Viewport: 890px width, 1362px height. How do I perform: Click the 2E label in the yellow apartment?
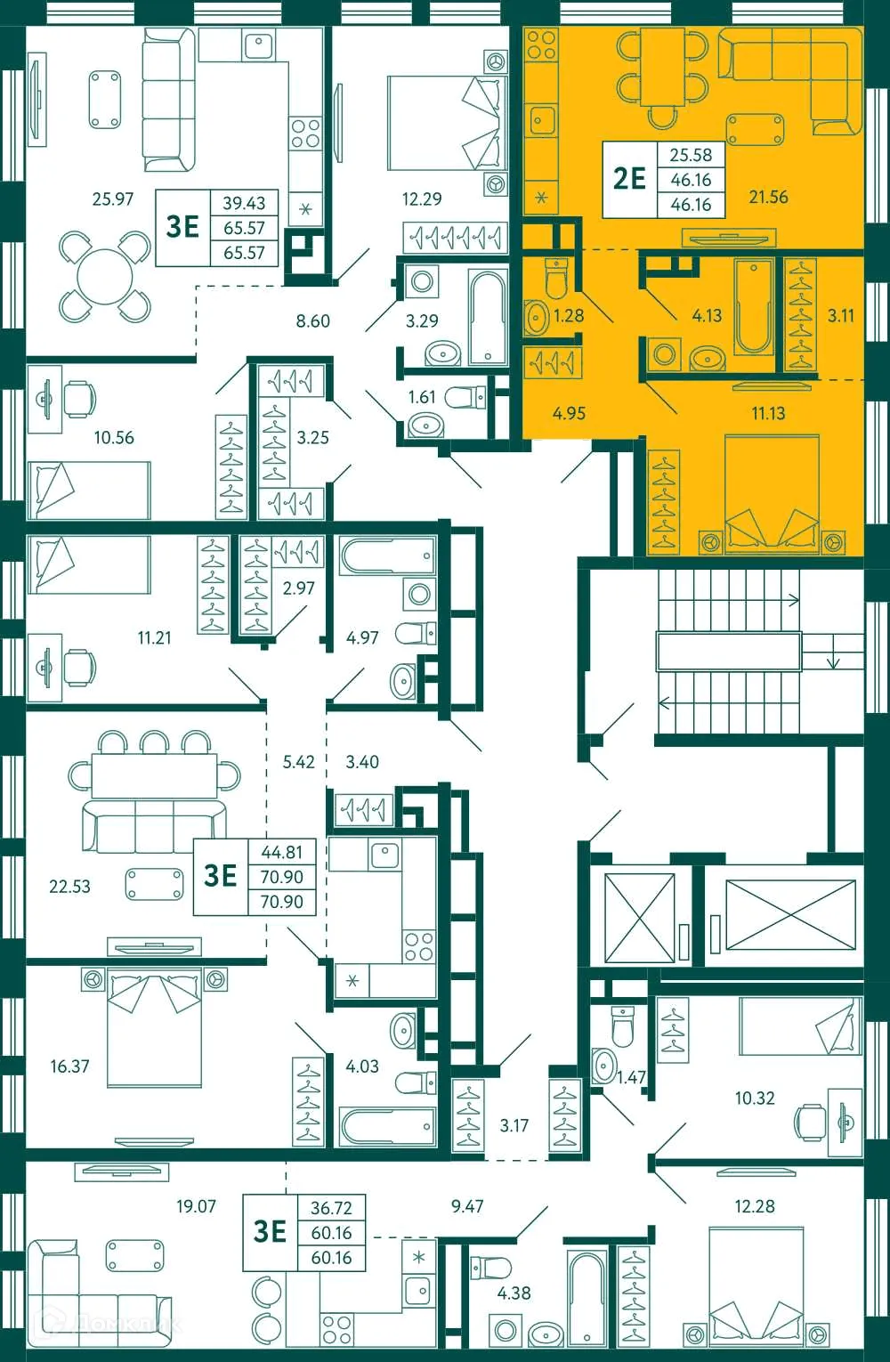[x=629, y=178]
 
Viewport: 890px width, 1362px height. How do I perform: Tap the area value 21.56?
[x=768, y=197]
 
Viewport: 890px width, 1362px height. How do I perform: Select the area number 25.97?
[x=113, y=199]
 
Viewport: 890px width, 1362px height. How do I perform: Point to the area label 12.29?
[x=422, y=199]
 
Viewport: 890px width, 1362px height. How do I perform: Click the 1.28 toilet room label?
[x=569, y=315]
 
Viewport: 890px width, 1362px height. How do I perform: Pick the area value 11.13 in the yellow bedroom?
[x=768, y=413]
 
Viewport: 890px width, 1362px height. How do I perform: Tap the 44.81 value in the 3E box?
[x=281, y=852]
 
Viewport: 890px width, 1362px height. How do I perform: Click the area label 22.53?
[x=69, y=887]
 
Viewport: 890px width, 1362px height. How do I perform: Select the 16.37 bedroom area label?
[x=69, y=1066]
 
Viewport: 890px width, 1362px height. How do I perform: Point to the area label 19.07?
[x=196, y=1207]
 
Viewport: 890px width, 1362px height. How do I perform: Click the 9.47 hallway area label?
[x=467, y=1207]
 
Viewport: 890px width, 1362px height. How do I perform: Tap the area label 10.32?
[x=755, y=1099]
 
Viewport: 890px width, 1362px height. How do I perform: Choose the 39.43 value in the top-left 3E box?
[x=244, y=203]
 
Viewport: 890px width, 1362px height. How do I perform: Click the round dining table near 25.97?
[x=105, y=277]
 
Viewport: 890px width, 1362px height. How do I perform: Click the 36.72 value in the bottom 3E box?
[x=331, y=1208]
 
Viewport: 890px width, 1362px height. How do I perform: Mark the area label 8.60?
[x=312, y=320]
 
